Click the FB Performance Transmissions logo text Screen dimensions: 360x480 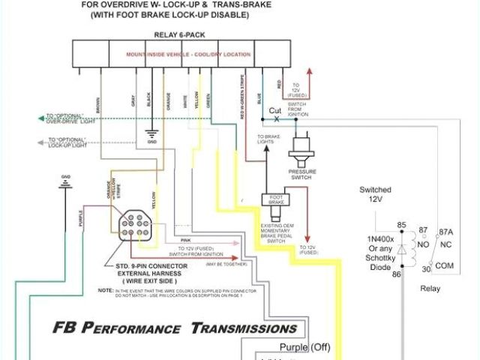174,328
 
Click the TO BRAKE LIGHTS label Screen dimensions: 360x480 268,139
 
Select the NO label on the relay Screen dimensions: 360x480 424,244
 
